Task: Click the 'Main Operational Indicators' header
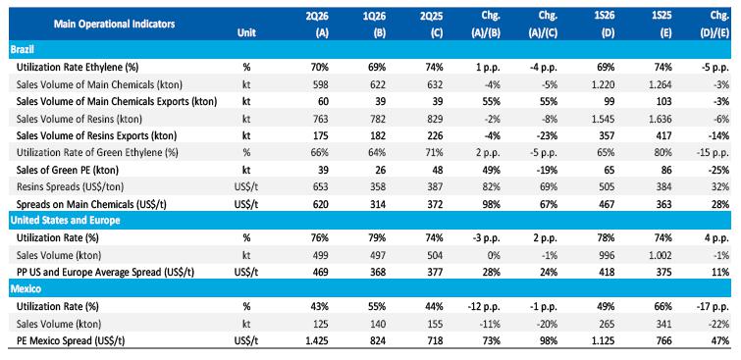(114, 24)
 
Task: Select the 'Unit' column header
(246, 33)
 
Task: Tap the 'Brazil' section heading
(22, 49)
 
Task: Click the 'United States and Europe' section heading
(65, 221)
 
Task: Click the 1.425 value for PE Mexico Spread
(317, 340)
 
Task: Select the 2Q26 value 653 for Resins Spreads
(321, 186)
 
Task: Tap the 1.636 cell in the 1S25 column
(660, 119)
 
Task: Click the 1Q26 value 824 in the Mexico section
(378, 340)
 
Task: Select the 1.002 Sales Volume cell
(660, 255)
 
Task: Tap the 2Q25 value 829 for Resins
(435, 119)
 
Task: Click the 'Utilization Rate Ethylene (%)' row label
(71, 67)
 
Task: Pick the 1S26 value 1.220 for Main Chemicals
(603, 84)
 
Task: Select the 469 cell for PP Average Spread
(321, 272)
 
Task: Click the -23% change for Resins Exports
(548, 135)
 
